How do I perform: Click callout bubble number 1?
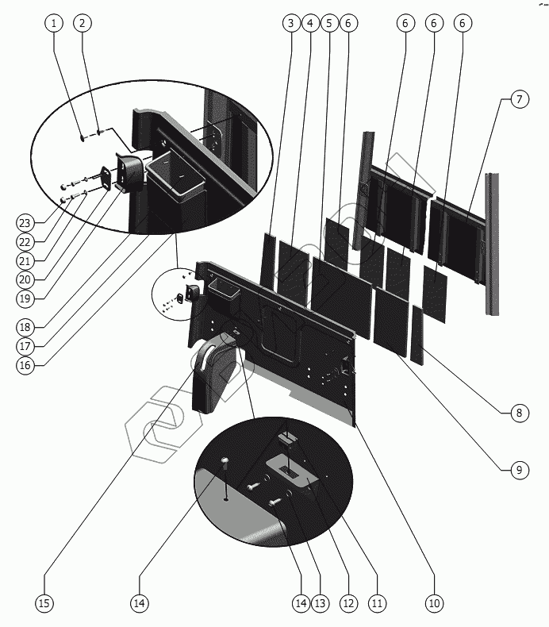54,23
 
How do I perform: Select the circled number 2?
82,23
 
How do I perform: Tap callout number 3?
291,23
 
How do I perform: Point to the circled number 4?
309,23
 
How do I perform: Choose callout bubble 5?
328,23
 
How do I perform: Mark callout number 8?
518,413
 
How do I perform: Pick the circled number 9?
518,470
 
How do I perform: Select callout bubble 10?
433,603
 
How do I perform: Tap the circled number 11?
377,603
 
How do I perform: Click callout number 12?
348,603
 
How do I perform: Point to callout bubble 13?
321,603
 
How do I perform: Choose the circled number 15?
44,603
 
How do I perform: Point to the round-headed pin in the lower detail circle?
225,463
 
